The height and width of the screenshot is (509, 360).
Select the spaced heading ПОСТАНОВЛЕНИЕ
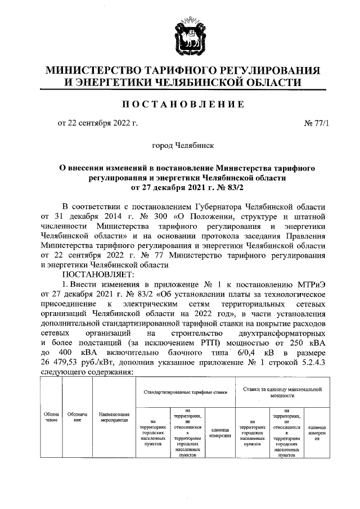click(x=180, y=104)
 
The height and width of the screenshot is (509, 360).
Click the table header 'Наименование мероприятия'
click(x=113, y=416)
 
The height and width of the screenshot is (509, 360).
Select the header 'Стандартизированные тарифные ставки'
click(x=181, y=391)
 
